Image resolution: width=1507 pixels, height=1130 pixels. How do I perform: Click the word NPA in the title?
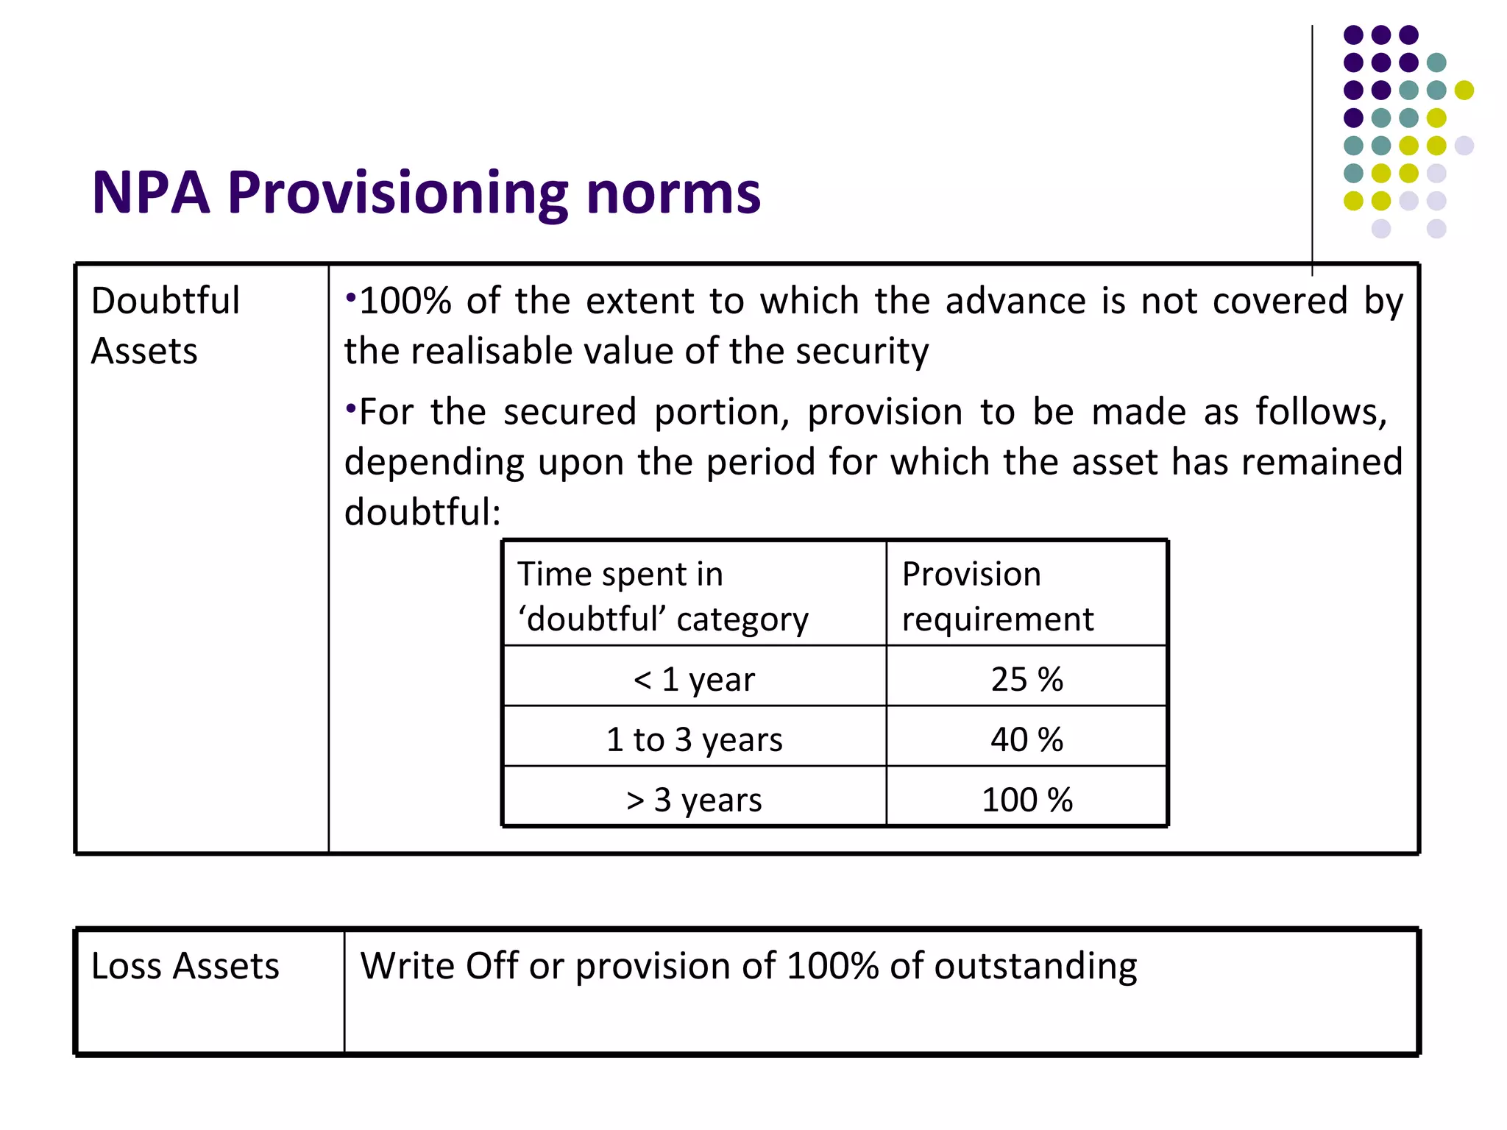click(x=151, y=193)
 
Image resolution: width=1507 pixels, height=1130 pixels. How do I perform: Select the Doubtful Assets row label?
click(x=166, y=325)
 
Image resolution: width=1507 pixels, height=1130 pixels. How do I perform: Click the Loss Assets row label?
click(x=185, y=966)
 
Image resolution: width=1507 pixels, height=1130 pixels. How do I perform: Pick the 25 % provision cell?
click(x=1026, y=679)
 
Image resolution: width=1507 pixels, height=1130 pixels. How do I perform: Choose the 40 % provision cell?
click(x=1026, y=739)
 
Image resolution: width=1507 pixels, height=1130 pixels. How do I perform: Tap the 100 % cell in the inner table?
click(x=1026, y=800)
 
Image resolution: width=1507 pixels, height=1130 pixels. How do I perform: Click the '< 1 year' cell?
click(x=694, y=679)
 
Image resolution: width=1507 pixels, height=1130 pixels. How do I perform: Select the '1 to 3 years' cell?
click(x=694, y=739)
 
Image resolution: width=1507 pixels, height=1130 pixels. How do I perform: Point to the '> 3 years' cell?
click(x=694, y=800)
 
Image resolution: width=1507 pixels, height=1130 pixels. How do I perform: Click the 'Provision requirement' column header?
click(x=997, y=596)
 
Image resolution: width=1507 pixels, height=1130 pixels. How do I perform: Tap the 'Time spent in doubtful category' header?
click(x=662, y=596)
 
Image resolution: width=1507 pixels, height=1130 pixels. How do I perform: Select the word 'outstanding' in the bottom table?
click(x=1035, y=966)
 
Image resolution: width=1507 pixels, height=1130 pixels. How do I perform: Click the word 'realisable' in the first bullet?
click(x=491, y=351)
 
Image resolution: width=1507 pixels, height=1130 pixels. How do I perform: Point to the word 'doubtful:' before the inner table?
click(x=422, y=512)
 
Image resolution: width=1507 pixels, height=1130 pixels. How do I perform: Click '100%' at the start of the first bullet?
click(x=405, y=301)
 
